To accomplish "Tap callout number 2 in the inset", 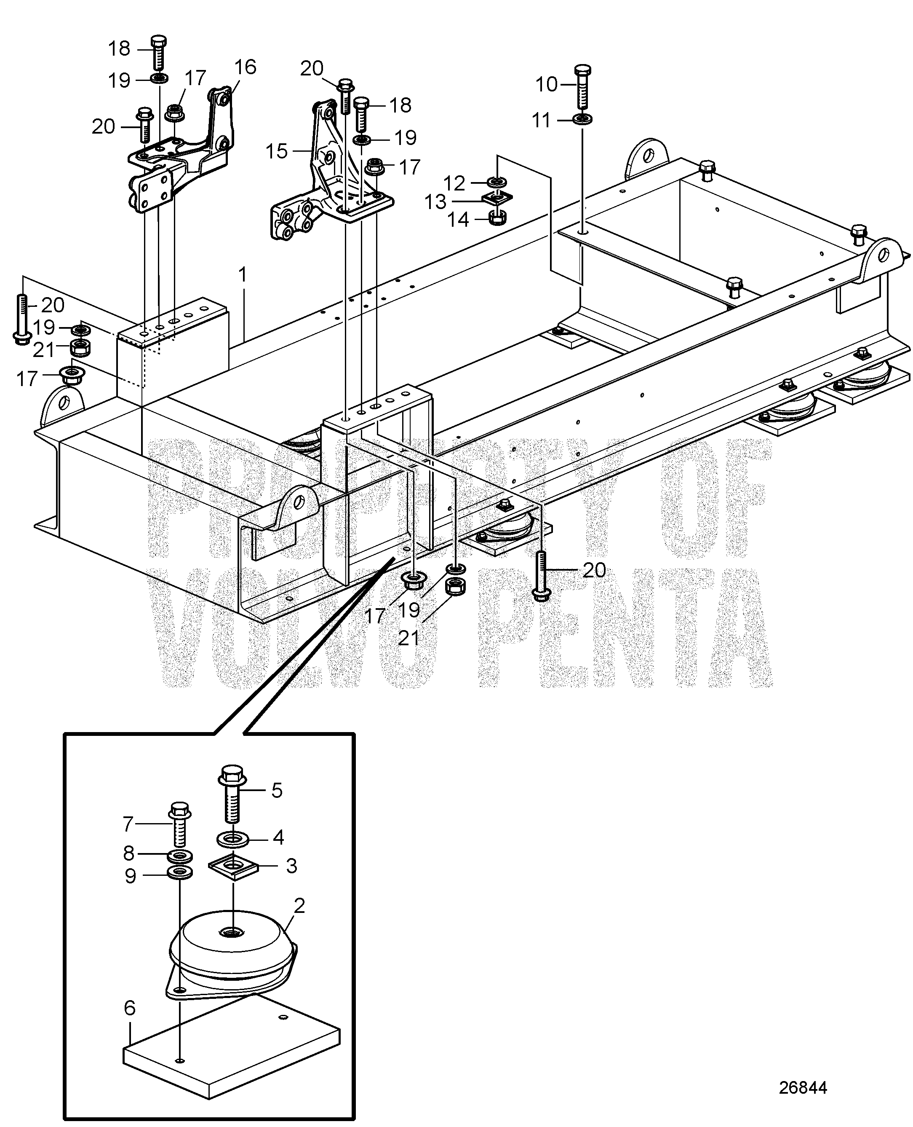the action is [299, 905].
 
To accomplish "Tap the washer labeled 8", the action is [179, 856].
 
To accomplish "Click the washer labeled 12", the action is [497, 182].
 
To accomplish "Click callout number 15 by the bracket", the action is [277, 152].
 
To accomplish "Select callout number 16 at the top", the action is [245, 67].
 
